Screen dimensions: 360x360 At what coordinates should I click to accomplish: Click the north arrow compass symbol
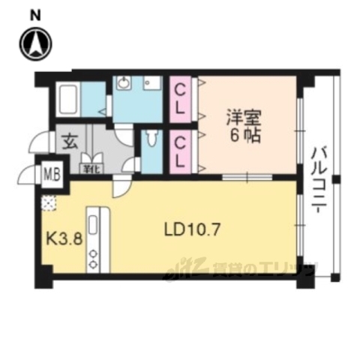[x=35, y=44]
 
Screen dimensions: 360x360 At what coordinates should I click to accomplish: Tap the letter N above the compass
[x=35, y=14]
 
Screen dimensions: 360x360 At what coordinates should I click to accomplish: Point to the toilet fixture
[x=153, y=139]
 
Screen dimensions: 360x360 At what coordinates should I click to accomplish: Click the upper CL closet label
[x=181, y=100]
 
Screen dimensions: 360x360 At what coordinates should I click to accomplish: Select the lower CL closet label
[x=181, y=150]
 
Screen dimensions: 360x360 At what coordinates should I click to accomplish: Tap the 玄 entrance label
[x=69, y=140]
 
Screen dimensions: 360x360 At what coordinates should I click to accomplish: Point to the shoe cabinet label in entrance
[x=91, y=169]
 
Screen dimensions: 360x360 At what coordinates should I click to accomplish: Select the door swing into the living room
[x=120, y=187]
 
